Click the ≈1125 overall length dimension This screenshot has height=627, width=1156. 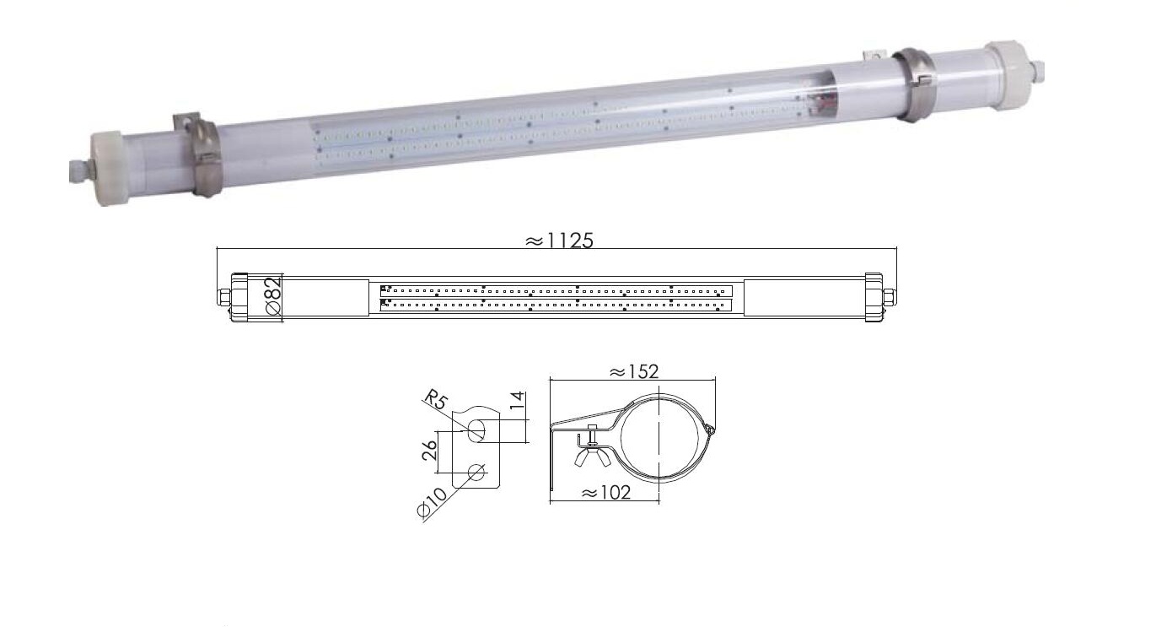pyautogui.click(x=559, y=241)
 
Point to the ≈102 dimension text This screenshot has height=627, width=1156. pyautogui.click(x=606, y=493)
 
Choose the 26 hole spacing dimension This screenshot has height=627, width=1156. pyautogui.click(x=429, y=451)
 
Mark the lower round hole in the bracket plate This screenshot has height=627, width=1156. pyautogui.click(x=476, y=473)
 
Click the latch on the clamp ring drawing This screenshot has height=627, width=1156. pyautogui.click(x=710, y=430)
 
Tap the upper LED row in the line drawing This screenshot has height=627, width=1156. pyautogui.click(x=556, y=290)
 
